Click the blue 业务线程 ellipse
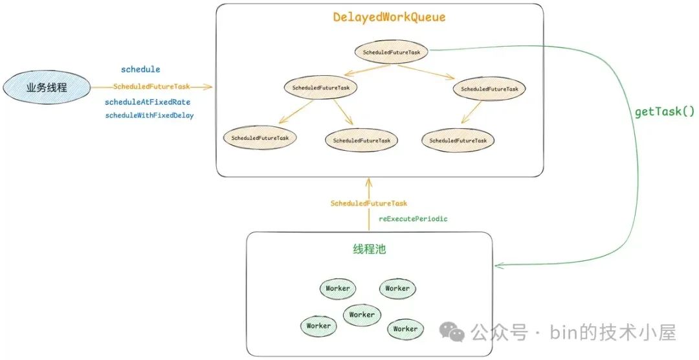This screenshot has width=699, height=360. tap(46, 87)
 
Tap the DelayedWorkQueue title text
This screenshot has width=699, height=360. tap(389, 17)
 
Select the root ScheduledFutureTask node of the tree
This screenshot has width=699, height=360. tap(392, 52)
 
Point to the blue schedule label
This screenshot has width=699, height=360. tap(140, 69)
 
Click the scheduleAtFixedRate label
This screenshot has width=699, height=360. tap(148, 102)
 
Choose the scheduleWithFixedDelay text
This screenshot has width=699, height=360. tap(150, 115)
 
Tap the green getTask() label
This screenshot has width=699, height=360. tap(664, 112)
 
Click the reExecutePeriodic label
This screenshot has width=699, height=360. tap(413, 219)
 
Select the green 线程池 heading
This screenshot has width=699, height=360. tap(369, 249)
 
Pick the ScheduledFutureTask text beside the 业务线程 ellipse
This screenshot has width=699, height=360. tap(151, 87)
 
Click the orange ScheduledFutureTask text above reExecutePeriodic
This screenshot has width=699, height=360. tap(369, 203)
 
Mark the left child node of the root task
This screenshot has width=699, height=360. tap(320, 87)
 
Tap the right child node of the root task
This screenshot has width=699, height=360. tap(489, 89)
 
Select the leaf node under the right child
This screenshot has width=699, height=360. tap(458, 141)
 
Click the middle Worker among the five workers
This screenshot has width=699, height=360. tap(362, 315)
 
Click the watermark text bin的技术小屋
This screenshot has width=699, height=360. tap(613, 333)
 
